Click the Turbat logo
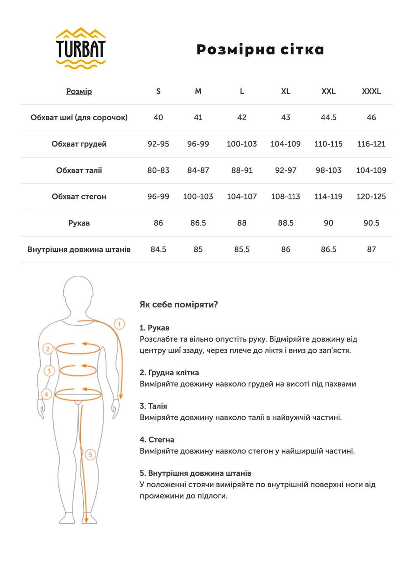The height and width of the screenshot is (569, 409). click(81, 48)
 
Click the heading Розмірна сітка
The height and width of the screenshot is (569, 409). click(260, 49)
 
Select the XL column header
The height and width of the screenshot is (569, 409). click(285, 91)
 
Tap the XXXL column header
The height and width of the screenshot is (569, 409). click(371, 91)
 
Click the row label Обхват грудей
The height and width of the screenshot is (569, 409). click(79, 144)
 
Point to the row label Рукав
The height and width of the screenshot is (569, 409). click(79, 223)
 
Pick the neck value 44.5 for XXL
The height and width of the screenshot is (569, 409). click(328, 117)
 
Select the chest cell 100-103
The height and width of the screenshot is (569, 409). click(241, 144)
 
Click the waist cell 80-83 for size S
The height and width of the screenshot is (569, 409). click(158, 170)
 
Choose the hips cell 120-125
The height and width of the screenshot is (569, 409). click(371, 196)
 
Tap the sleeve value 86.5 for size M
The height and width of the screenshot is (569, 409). click(198, 223)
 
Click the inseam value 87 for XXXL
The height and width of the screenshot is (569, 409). click(371, 249)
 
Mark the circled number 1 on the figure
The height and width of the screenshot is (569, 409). click(119, 324)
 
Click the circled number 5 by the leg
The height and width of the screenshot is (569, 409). click(90, 454)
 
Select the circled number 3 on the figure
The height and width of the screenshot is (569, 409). click(49, 371)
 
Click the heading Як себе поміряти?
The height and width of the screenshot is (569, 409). click(179, 305)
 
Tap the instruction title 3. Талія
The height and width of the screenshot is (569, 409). click(153, 406)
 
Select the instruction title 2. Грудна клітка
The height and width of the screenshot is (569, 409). click(169, 372)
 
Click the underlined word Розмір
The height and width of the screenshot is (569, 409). click(79, 91)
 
